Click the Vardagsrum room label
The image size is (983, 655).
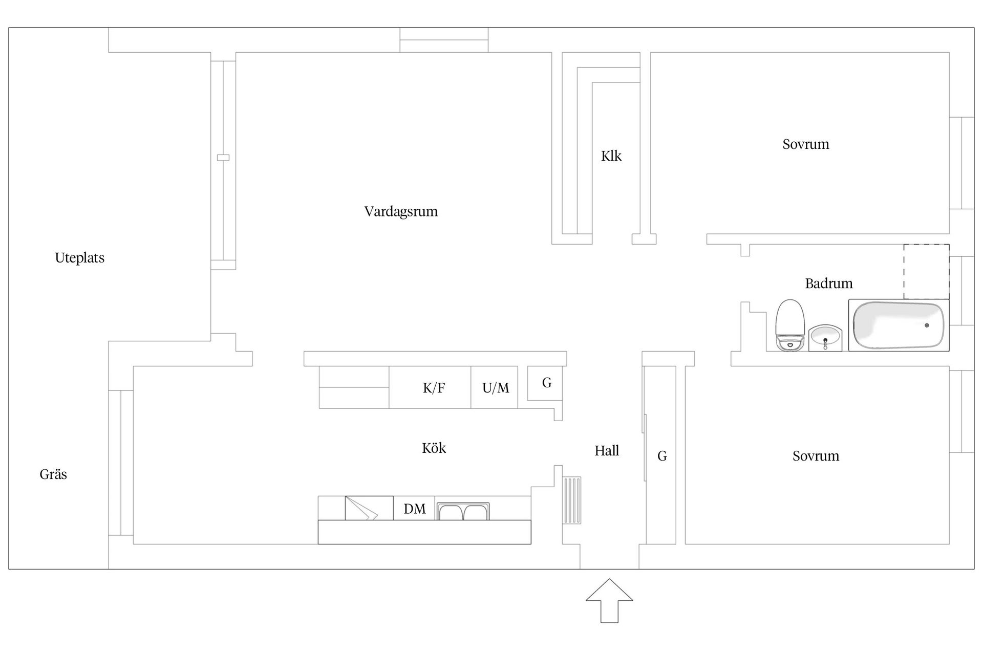401,211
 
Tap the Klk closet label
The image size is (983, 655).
611,156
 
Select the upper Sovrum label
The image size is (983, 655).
805,144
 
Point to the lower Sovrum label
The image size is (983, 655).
816,456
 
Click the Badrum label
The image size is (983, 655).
828,283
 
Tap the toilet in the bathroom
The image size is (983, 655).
790,325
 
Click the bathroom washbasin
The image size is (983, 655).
825,338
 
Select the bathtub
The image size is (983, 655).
898,325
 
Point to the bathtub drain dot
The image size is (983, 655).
927,325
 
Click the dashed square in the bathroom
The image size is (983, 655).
926,272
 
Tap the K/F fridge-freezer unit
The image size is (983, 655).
433,388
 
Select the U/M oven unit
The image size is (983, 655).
495,388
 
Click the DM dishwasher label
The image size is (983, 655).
414,509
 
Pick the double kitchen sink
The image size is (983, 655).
463,511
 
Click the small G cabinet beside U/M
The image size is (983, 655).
546,383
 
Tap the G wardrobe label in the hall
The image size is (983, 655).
661,456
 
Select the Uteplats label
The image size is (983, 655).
79,258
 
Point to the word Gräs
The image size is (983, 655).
53,474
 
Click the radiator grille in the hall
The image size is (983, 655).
572,500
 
